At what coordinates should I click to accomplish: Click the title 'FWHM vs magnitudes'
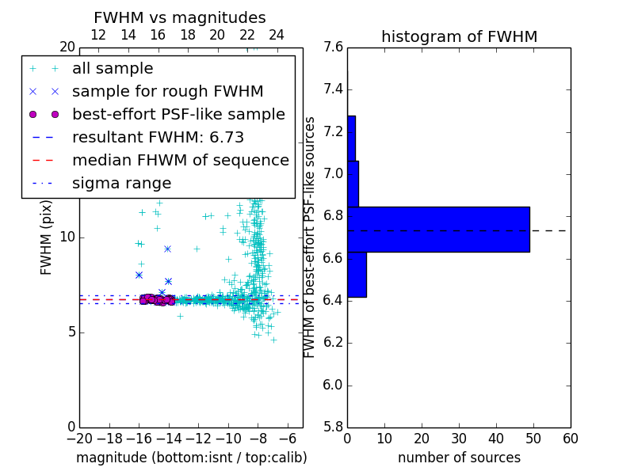[180, 17]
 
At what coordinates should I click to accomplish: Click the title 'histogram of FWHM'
[459, 36]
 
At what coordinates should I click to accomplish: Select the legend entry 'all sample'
[113, 69]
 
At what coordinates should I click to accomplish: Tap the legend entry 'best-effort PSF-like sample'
[178, 115]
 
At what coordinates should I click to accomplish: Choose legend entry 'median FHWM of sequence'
[180, 161]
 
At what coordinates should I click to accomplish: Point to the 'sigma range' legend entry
[121, 184]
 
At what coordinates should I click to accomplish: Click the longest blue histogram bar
[438, 230]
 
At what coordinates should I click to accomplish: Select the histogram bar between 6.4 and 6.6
[357, 275]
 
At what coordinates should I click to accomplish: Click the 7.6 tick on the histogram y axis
[334, 47]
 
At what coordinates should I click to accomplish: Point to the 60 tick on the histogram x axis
[570, 439]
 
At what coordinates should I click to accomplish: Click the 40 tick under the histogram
[495, 439]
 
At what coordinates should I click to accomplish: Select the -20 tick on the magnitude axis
[79, 439]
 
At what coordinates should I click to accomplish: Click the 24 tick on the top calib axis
[277, 35]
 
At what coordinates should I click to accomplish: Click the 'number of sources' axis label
[459, 458]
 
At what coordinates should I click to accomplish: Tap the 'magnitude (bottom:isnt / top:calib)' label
[191, 458]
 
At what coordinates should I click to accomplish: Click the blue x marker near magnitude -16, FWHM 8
[139, 275]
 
